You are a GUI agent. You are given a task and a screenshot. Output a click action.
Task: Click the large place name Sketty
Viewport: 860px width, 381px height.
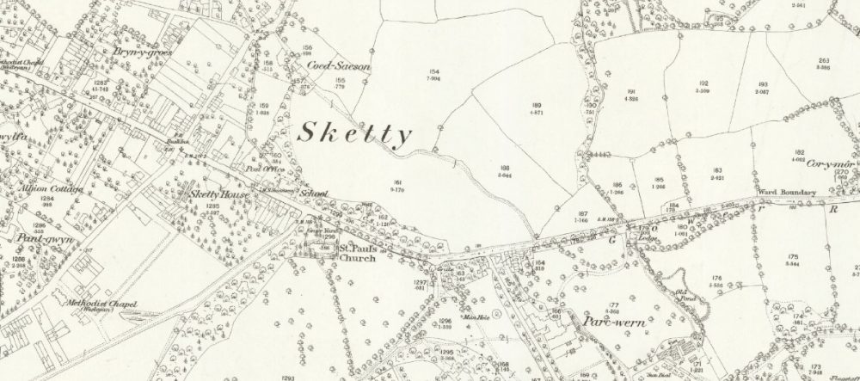click(355, 133)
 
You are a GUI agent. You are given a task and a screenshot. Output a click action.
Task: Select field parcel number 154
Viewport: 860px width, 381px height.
click(434, 71)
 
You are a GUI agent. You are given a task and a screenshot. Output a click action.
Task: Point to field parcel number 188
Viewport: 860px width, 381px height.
click(505, 167)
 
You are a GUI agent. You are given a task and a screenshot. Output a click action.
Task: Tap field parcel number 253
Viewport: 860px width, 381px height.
click(823, 59)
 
